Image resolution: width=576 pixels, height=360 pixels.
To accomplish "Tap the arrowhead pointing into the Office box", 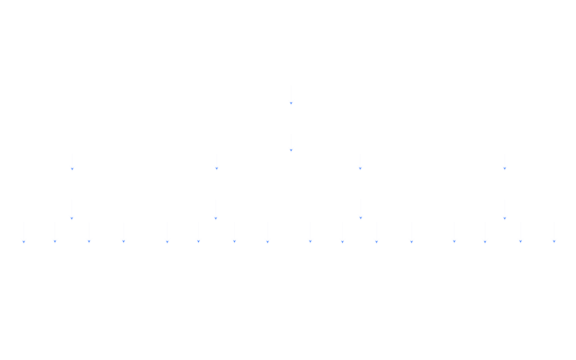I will pyautogui.click(x=123, y=240).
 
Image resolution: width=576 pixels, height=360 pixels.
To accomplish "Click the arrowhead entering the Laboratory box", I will pyautogui.click(x=485, y=240).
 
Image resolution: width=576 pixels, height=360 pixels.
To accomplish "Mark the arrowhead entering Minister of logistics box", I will pyautogui.click(x=504, y=168).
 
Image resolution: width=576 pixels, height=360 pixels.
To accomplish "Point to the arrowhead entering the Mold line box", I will pyautogui.click(x=168, y=240).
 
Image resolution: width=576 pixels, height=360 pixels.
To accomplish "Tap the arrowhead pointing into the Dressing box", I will pyautogui.click(x=234, y=240).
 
